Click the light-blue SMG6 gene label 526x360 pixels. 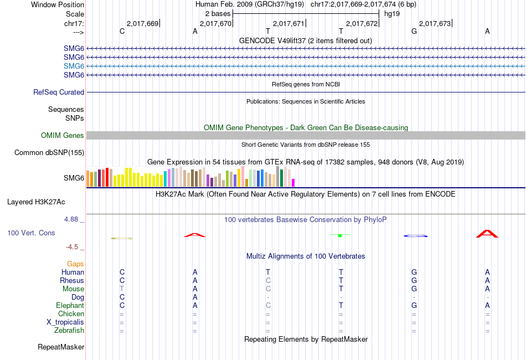tap(74, 66)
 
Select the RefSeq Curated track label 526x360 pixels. tap(59, 92)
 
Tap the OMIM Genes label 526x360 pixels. tap(63, 135)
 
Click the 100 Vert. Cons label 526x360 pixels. tap(31, 233)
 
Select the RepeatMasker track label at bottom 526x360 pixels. tap(61, 347)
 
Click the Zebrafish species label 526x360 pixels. tap(69, 331)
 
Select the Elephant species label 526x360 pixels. tap(70, 306)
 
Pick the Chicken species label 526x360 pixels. tap(71, 314)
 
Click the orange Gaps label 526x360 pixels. tap(75, 264)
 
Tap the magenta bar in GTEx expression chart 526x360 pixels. tap(293, 182)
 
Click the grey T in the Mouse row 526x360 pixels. tap(122, 289)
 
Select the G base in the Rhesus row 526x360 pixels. tap(414, 281)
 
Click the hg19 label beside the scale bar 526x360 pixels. tap(392, 13)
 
